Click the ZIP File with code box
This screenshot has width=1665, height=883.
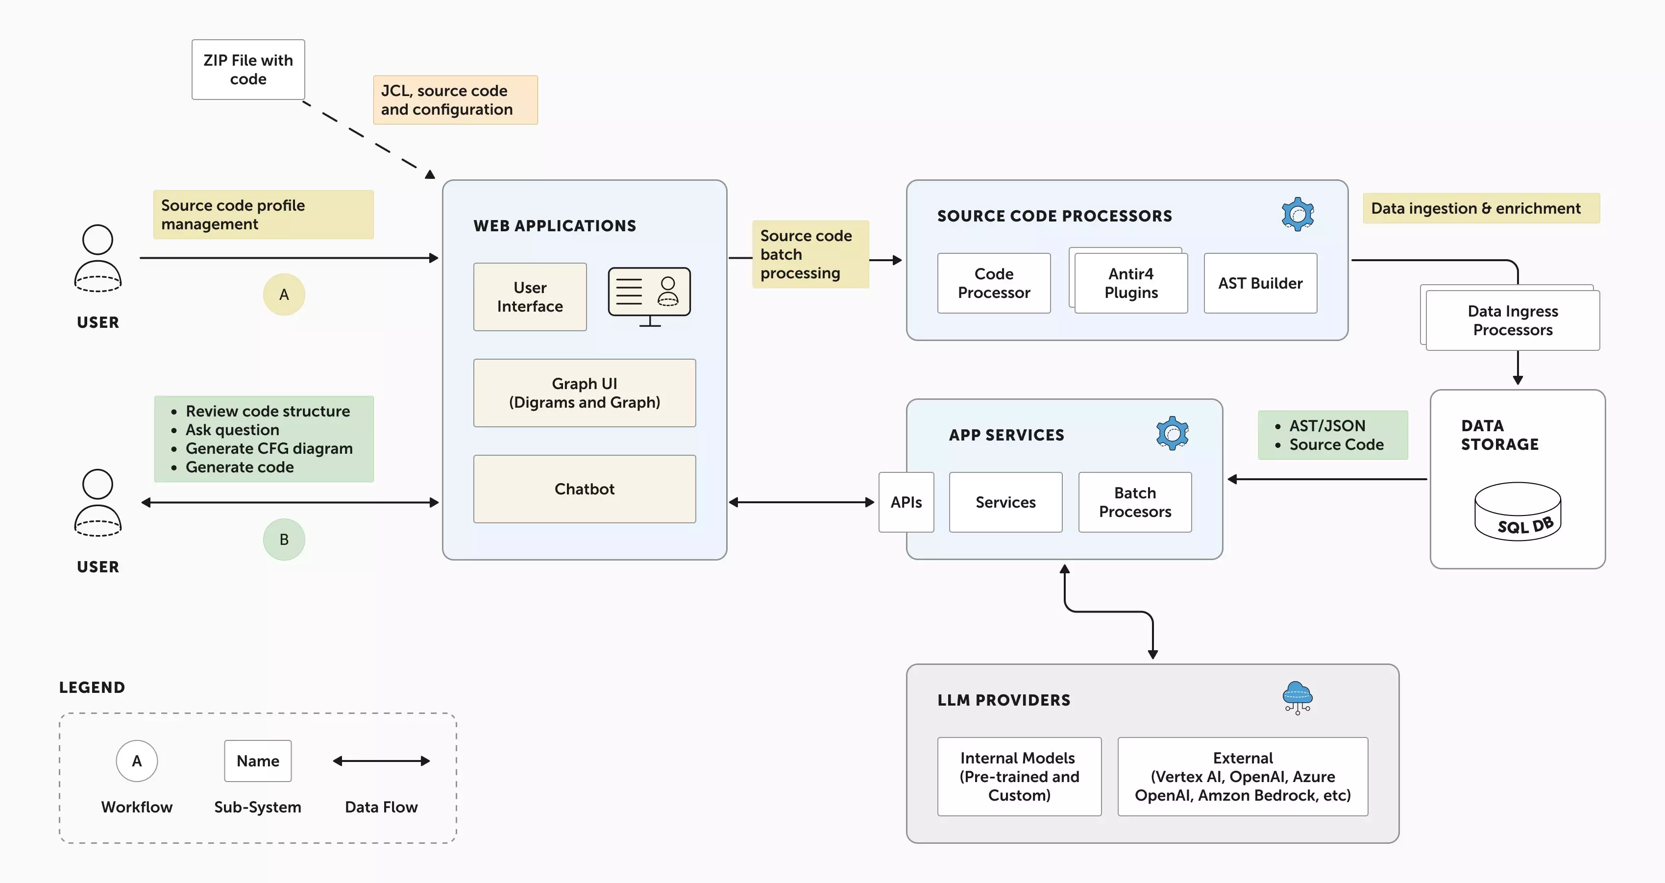[x=248, y=70]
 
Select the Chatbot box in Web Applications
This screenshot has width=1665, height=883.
[x=584, y=489]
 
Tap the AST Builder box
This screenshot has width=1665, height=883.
[x=1260, y=283]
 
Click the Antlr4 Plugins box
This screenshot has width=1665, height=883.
[x=1130, y=283]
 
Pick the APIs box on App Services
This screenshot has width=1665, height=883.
[x=906, y=502]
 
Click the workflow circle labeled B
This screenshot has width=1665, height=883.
[x=284, y=539]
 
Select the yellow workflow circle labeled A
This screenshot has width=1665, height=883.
[x=284, y=295]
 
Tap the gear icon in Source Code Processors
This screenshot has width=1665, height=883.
[x=1297, y=214]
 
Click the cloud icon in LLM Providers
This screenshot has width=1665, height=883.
[x=1297, y=697]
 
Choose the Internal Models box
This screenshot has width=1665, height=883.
[x=1019, y=776]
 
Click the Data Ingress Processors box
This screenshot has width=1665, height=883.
[x=1513, y=320]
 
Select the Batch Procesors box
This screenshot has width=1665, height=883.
[x=1134, y=502]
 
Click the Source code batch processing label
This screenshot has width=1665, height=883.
[x=810, y=254]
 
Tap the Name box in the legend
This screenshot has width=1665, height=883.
[x=257, y=761]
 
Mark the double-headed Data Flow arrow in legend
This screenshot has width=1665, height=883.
[x=381, y=761]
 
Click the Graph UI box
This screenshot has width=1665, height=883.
[x=584, y=393]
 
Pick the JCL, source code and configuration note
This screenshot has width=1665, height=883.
[x=455, y=100]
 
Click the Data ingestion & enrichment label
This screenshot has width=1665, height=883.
[x=1481, y=208]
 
